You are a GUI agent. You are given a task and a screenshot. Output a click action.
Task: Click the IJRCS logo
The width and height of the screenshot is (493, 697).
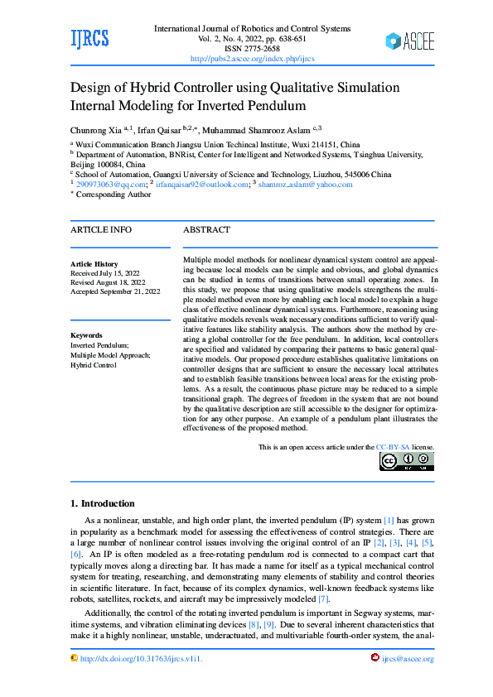point(89,39)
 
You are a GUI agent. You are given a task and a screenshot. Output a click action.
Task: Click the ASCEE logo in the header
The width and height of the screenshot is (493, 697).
point(409,41)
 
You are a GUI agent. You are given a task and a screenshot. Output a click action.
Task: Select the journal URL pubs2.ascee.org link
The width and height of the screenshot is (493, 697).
point(252,59)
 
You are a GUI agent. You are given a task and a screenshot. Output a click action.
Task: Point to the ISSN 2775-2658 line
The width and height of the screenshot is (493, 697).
point(253,49)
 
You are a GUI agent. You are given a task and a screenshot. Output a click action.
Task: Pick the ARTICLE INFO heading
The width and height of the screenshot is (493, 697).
point(100,230)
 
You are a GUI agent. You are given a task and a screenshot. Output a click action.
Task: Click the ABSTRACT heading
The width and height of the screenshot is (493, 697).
point(206,230)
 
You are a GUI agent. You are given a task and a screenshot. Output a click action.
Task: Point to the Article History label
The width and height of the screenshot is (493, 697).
point(94,263)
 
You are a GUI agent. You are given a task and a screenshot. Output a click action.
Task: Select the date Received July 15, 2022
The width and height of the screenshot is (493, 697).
point(105,272)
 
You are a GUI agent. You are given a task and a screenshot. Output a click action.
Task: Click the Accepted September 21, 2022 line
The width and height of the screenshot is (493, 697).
point(116,291)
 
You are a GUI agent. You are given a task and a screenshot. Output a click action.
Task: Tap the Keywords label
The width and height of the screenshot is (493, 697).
point(87,335)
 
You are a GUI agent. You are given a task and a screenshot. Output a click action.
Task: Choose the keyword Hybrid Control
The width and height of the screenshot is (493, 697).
point(94,364)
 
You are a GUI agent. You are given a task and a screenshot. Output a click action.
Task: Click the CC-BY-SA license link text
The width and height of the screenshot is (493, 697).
point(393,447)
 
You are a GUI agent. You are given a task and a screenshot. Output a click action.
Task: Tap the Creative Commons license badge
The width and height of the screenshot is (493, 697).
point(406,461)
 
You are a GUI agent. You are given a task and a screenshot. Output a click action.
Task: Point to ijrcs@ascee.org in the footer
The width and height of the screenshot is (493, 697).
point(408,659)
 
